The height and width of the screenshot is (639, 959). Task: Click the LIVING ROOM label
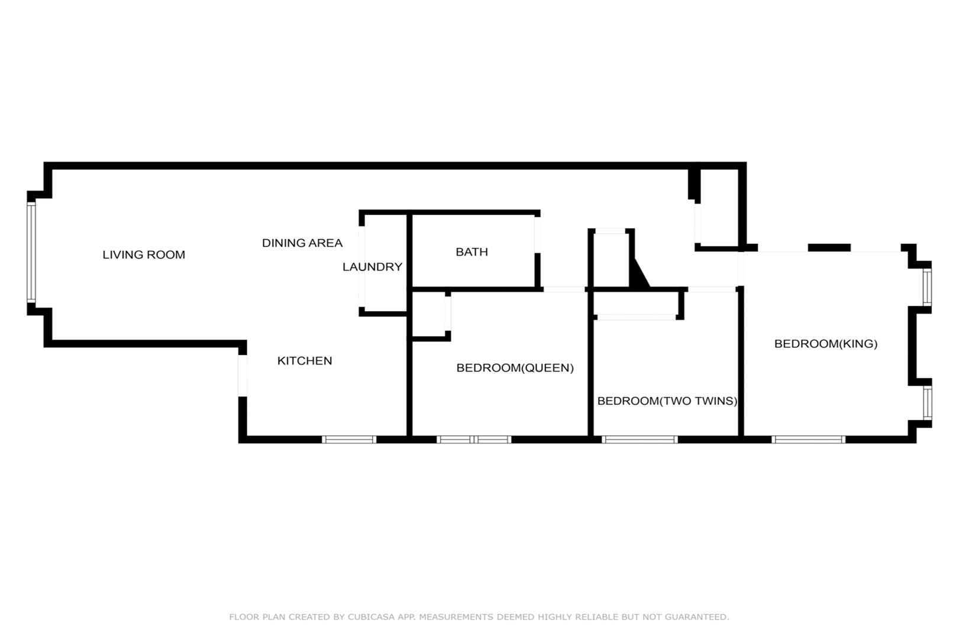click(144, 255)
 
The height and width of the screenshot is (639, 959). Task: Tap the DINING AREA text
click(302, 243)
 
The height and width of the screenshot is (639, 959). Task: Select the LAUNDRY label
click(373, 267)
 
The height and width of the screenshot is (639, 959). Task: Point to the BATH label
click(472, 252)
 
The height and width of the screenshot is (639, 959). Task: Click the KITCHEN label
click(305, 361)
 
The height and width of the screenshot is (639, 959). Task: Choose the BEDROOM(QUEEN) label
click(515, 368)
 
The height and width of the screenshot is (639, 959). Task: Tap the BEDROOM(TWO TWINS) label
click(667, 401)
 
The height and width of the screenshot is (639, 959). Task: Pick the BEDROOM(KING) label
click(826, 344)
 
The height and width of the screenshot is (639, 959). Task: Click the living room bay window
click(31, 253)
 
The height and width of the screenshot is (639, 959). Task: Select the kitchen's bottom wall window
click(349, 440)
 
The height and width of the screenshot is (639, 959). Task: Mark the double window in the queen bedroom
click(474, 440)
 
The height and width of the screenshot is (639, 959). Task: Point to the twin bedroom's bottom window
click(640, 440)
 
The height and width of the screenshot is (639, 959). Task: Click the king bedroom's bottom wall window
click(808, 440)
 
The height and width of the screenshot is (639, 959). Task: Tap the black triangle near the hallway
click(639, 276)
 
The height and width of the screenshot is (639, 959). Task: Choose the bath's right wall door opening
click(537, 235)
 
